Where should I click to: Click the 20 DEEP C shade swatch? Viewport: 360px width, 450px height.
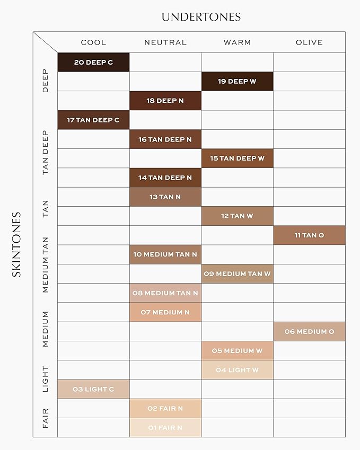pos(93,63)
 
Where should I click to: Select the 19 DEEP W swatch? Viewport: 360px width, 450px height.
pos(237,82)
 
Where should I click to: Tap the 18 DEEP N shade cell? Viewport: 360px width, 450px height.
pos(165,101)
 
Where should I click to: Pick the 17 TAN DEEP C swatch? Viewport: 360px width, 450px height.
pos(93,120)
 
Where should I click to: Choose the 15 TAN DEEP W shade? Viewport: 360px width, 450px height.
pos(237,158)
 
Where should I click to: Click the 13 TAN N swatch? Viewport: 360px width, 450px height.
pos(165,197)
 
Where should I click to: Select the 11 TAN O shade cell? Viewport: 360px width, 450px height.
pos(309,235)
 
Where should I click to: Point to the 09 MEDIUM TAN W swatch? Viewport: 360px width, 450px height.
pos(237,274)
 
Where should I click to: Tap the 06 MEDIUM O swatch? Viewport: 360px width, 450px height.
pos(309,332)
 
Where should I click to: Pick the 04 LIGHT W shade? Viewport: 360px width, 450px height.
pos(237,370)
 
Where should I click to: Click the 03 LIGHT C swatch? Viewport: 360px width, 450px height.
pos(93,390)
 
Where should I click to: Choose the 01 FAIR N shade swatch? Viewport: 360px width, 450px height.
pos(165,428)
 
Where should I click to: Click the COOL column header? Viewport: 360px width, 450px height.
pos(93,42)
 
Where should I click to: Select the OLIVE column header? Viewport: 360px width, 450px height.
pos(309,42)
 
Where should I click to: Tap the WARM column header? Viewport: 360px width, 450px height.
pos(237,42)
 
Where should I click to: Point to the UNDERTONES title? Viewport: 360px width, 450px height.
pos(201,17)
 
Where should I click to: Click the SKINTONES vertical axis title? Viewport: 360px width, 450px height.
pos(16,244)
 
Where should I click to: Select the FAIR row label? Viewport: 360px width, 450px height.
pos(45,418)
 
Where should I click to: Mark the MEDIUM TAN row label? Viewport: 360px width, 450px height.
pos(45,264)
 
